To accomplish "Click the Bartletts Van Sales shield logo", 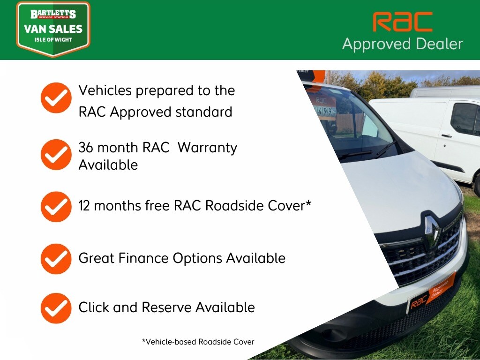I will (x=53, y=29).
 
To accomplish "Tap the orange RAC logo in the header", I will (x=402, y=22).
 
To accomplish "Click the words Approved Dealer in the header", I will (x=402, y=44).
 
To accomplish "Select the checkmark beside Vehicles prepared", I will (x=56, y=98).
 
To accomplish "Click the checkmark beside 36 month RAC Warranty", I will (x=56, y=154).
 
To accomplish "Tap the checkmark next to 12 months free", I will (x=56, y=206).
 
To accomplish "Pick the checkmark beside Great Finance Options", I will (x=56, y=258).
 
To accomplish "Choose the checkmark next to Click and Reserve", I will (x=56, y=308).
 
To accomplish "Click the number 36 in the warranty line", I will (x=86, y=148).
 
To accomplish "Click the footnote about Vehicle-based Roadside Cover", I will (x=198, y=342).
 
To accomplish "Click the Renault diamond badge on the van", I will (x=431, y=229).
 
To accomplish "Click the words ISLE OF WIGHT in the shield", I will (x=53, y=40).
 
